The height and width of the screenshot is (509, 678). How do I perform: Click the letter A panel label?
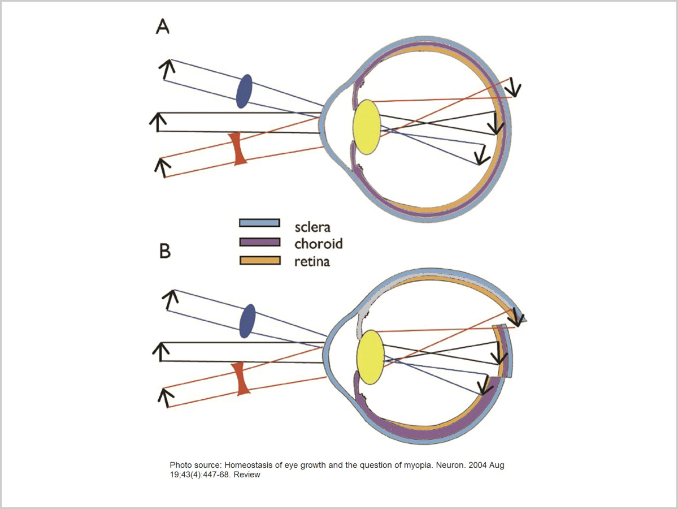click(163, 27)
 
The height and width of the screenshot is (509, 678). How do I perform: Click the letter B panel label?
click(165, 251)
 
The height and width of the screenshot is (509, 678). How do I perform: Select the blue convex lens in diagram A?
click(244, 92)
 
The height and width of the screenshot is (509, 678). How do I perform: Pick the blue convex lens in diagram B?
click(247, 321)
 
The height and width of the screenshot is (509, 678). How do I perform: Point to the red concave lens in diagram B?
click(243, 379)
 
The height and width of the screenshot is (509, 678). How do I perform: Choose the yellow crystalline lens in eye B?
click(371, 357)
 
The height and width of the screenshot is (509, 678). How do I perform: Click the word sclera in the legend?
click(312, 227)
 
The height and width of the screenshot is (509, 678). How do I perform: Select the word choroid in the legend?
click(318, 244)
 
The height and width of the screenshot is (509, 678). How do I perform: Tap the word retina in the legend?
click(312, 261)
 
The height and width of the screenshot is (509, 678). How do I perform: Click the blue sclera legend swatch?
click(260, 223)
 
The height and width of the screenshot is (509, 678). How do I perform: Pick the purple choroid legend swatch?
click(260, 242)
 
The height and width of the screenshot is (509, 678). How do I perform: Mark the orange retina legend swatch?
click(260, 260)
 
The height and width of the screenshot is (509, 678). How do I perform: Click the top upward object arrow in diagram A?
click(167, 70)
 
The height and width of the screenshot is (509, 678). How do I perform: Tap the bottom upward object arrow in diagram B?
click(165, 397)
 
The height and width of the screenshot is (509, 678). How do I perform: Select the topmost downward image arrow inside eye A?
click(514, 87)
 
